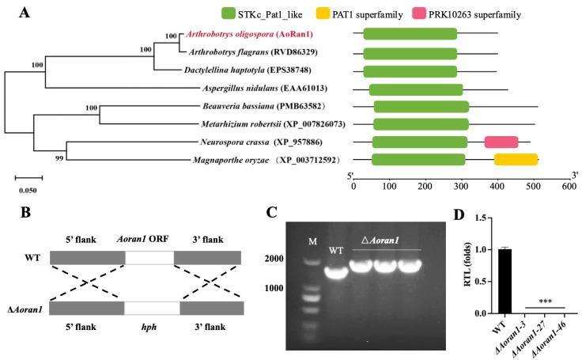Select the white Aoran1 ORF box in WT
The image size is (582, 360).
(x=149, y=258)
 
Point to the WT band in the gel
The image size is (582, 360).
(x=337, y=274)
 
